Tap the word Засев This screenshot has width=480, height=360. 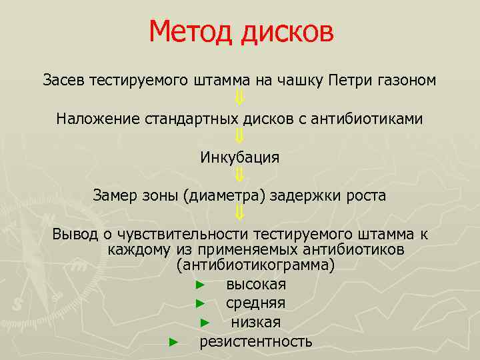(x=63, y=81)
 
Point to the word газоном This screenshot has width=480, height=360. (x=408, y=81)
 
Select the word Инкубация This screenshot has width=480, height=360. (x=239, y=158)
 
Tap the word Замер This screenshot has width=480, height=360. (x=115, y=196)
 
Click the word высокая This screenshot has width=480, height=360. (x=256, y=285)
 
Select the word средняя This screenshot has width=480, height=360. (x=255, y=303)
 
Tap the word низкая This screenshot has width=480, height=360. (x=256, y=323)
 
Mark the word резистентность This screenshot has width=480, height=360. (x=256, y=342)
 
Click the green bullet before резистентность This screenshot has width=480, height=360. (x=173, y=342)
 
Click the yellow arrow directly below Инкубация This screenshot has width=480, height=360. (x=240, y=176)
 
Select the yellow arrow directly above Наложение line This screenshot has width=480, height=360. (x=240, y=99)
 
